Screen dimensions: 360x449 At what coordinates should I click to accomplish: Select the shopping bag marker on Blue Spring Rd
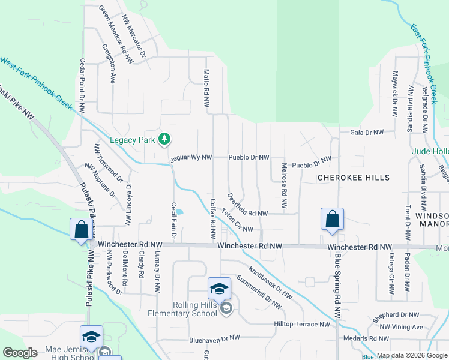[332, 220]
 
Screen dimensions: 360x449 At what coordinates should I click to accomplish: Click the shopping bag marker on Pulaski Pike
[81, 230]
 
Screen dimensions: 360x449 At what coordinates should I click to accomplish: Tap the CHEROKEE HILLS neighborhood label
[353, 178]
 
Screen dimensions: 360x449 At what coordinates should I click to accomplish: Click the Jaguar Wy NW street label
[191, 158]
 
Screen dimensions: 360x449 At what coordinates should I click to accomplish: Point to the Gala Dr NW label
[370, 132]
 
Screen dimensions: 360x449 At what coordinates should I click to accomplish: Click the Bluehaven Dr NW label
[213, 338]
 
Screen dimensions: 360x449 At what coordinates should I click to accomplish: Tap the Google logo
[20, 353]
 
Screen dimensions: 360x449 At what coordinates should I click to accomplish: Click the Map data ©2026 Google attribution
[411, 355]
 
